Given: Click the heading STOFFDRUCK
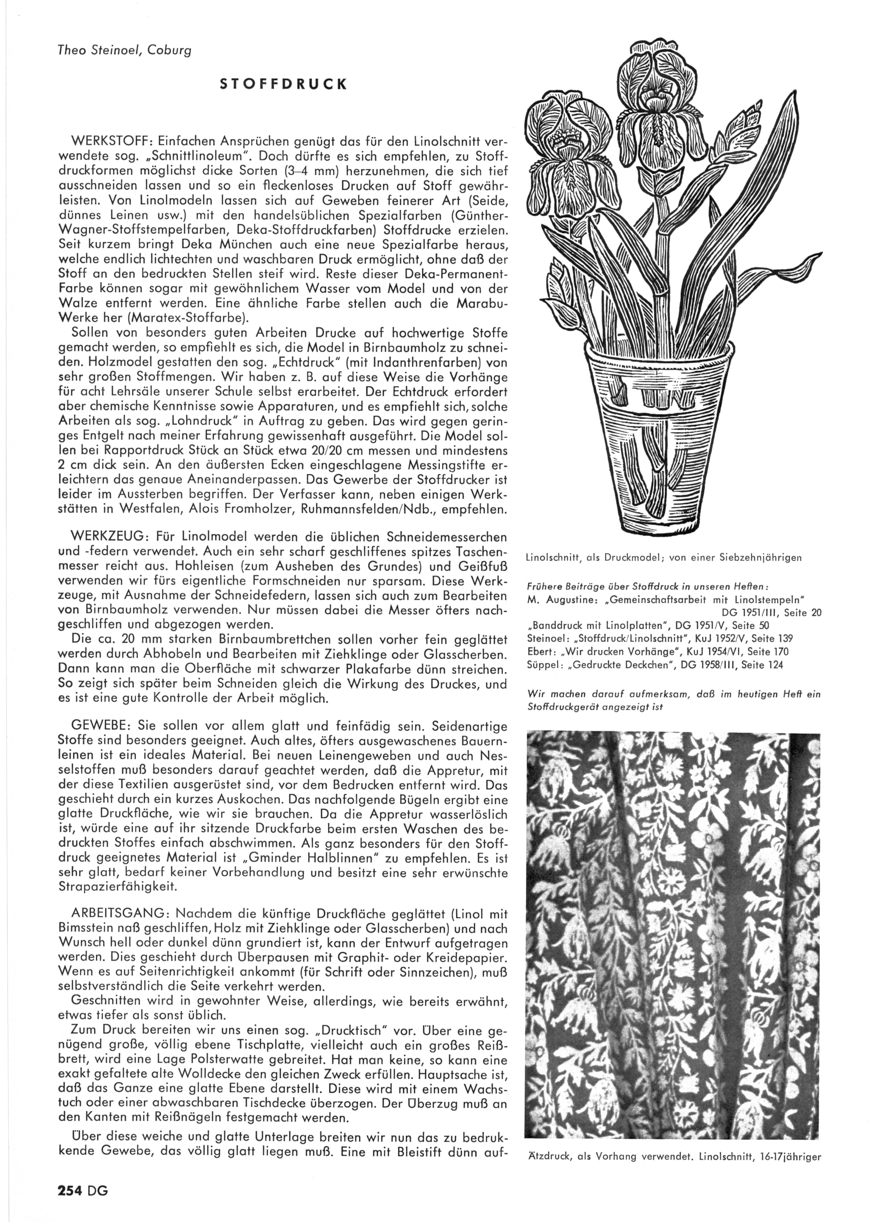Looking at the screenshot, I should point(283,85).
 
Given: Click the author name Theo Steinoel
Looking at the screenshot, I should point(93,50).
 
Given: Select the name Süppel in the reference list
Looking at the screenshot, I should point(541,665).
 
